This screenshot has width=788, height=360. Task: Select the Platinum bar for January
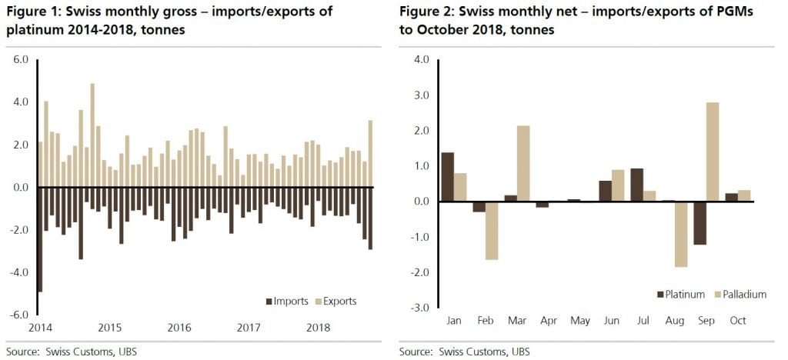click(446, 177)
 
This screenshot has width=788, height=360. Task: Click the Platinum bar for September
click(700, 223)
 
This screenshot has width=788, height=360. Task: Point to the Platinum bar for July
click(636, 185)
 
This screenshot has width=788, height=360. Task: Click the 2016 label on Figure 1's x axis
click(179, 327)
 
